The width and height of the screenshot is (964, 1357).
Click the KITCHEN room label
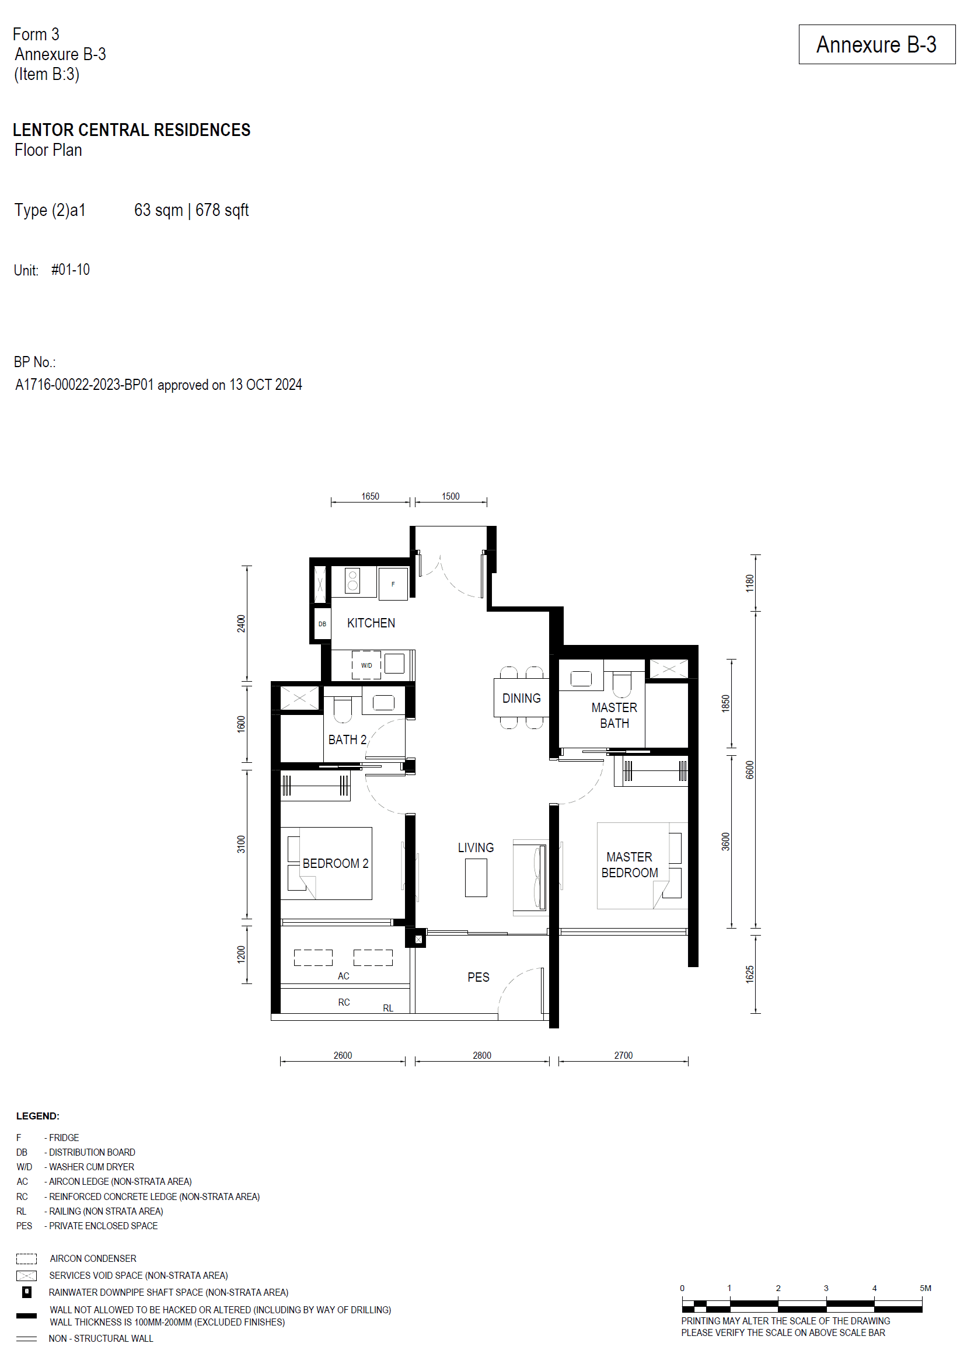[371, 623]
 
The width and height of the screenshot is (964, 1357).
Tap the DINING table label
[521, 698]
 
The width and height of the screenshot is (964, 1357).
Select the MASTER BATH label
[614, 716]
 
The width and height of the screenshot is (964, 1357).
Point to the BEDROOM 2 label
[336, 863]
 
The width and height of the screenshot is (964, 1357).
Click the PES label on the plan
[478, 977]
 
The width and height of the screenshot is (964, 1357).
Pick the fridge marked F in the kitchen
[392, 584]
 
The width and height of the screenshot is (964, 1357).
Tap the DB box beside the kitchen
[322, 624]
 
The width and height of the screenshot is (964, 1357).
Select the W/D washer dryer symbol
[366, 665]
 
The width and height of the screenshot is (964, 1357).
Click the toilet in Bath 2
[343, 710]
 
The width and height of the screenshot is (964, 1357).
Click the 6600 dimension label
[750, 770]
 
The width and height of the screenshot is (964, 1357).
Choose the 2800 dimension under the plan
[481, 1055]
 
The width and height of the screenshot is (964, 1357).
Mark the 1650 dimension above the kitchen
[370, 496]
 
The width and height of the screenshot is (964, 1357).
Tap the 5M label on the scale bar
[925, 1288]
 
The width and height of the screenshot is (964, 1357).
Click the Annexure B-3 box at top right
[876, 44]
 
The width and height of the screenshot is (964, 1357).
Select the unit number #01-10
[71, 270]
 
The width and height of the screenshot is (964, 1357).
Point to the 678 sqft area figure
[222, 210]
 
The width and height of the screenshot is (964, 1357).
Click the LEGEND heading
[37, 1116]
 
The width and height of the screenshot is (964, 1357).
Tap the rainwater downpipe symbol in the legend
[27, 1292]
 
